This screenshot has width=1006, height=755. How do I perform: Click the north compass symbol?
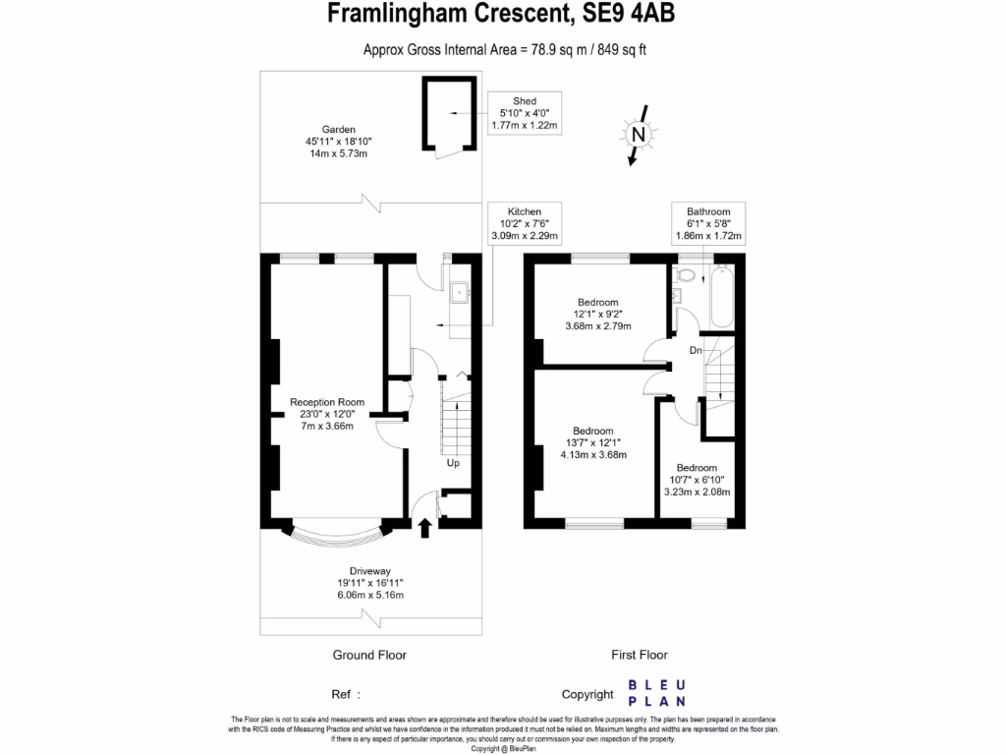point(639,134)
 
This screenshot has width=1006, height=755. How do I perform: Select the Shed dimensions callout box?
point(524,113)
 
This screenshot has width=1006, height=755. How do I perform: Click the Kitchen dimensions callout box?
point(524,224)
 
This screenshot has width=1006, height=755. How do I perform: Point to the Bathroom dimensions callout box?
point(708,224)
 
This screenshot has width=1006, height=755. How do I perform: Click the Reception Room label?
point(326,414)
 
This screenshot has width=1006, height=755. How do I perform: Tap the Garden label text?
point(338,142)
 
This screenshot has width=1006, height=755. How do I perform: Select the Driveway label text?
point(369,583)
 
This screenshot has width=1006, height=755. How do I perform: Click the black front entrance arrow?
point(424,529)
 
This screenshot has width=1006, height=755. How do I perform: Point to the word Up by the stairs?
point(453,463)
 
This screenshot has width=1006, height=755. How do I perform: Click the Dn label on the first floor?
point(696,350)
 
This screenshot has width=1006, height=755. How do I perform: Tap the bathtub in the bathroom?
point(722,296)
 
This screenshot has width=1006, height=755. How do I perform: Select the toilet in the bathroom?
point(687,276)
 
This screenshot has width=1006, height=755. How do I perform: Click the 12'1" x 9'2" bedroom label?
point(597,314)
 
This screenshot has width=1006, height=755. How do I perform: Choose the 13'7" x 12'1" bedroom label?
point(593,442)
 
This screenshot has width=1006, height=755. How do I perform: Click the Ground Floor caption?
point(369,655)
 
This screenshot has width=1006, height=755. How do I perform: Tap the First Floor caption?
point(640,655)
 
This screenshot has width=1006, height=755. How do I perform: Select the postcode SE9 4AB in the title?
point(626,15)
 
